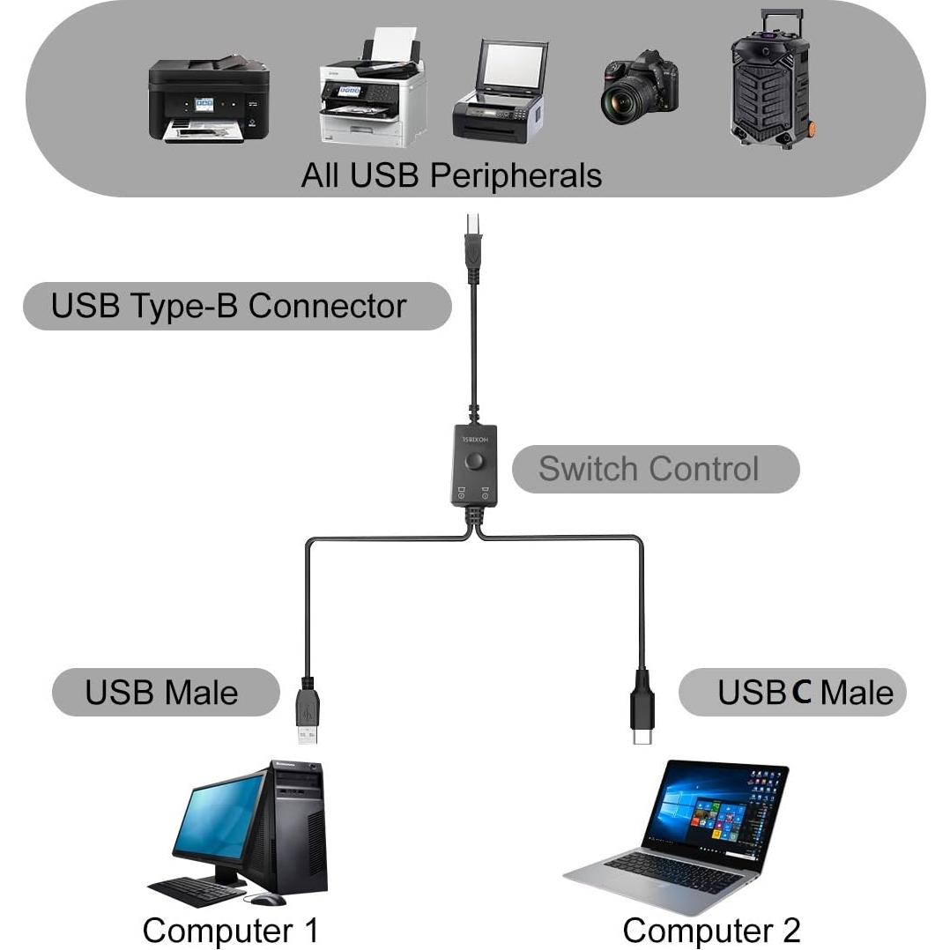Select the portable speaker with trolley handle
click(770, 84)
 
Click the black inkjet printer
click(207, 100)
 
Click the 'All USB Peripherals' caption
click(451, 175)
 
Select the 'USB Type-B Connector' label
click(228, 306)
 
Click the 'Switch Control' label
click(648, 469)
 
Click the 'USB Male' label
click(161, 692)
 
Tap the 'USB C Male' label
click(804, 693)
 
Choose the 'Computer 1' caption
click(230, 930)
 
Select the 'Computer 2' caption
click(711, 930)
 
